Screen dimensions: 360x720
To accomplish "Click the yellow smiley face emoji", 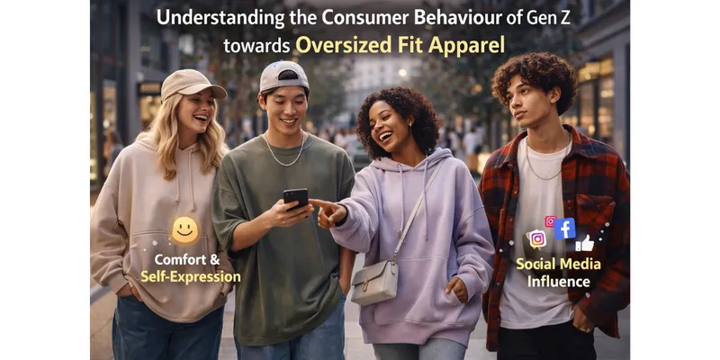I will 184,229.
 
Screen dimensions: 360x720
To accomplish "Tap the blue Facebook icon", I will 565,229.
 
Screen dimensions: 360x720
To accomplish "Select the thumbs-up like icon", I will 585,243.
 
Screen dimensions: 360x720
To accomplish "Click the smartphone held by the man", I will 295,199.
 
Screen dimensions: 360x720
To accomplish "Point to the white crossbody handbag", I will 373,283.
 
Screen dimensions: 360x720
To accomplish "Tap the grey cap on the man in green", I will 283,76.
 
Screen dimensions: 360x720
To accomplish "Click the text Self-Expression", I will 190,277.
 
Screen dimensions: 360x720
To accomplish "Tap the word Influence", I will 559,282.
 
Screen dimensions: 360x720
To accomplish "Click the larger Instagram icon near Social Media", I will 537,238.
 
